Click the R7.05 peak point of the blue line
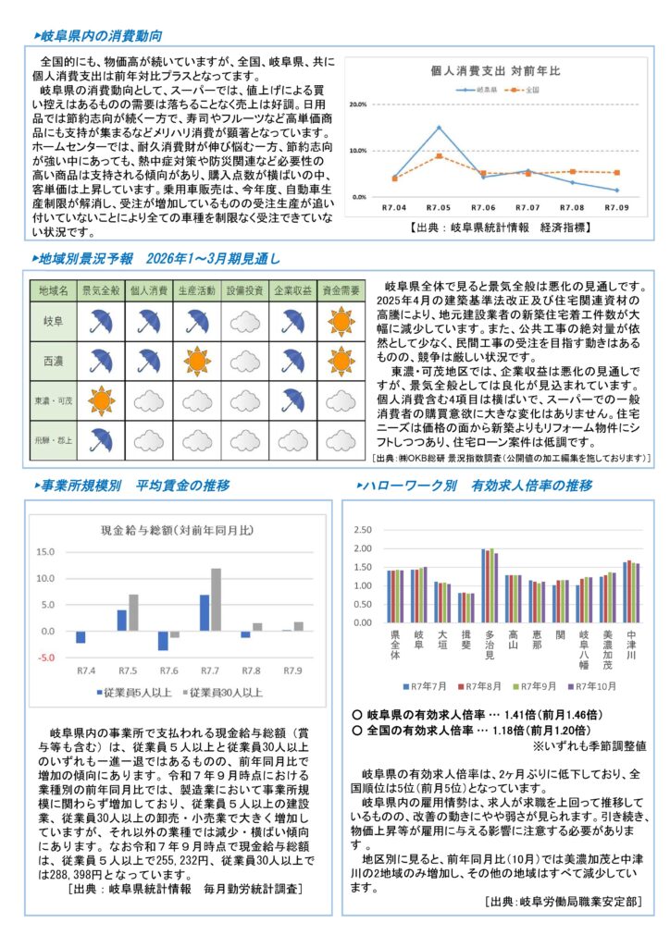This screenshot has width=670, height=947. pyautogui.click(x=439, y=128)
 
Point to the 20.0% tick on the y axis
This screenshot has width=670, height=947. pyautogui.click(x=358, y=105)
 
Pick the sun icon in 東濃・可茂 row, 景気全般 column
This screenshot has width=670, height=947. pyautogui.click(x=100, y=400)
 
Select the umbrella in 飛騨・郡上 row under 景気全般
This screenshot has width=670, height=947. pyautogui.click(x=100, y=440)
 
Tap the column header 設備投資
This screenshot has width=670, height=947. pyautogui.click(x=244, y=290)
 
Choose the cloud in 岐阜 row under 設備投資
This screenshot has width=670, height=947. pyautogui.click(x=244, y=321)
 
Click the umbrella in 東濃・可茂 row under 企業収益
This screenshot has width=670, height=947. pyautogui.click(x=292, y=400)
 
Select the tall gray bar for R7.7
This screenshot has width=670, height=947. pyautogui.click(x=216, y=599)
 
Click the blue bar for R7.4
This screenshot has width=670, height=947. pyautogui.click(x=81, y=637)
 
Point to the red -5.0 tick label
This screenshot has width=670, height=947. pyautogui.click(x=43, y=658)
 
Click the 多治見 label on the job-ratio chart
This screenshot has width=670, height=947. pyautogui.click(x=489, y=645)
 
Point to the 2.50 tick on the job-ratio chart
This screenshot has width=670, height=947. pyautogui.click(x=364, y=530)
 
